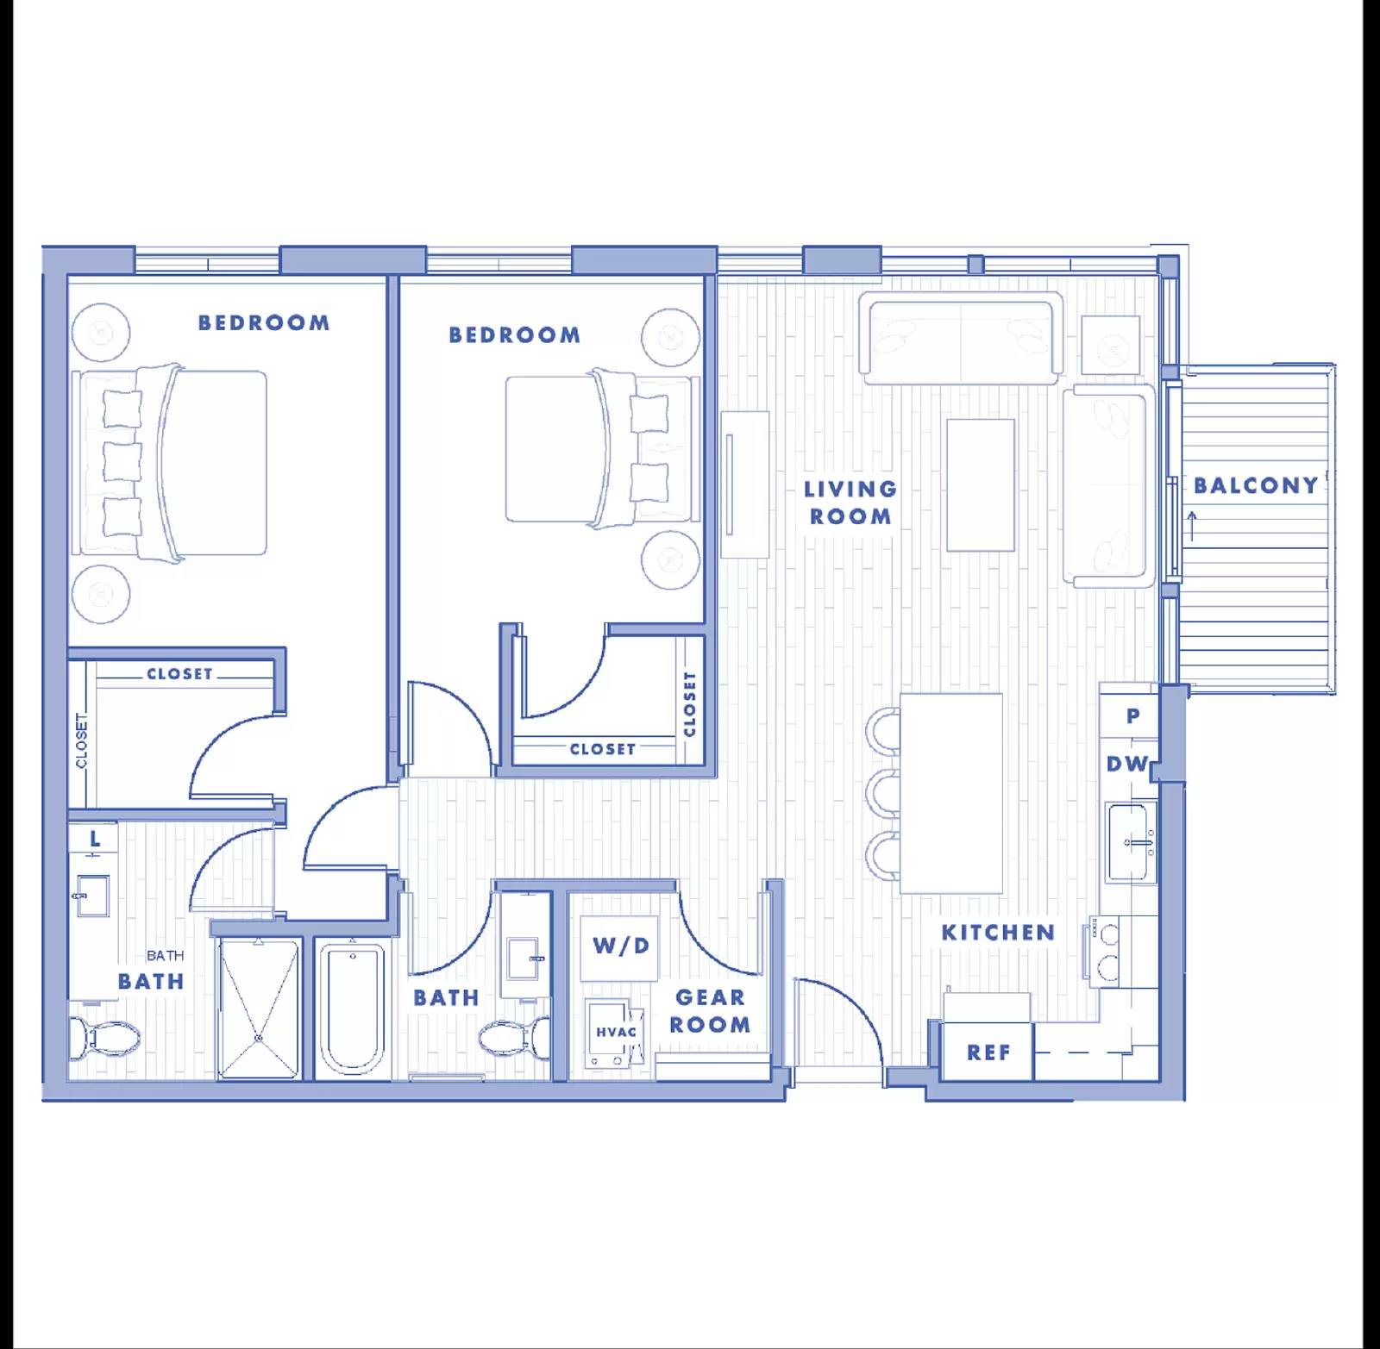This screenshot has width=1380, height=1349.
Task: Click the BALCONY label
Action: coord(1256,486)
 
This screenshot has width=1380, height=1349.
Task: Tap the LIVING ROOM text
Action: coord(850,503)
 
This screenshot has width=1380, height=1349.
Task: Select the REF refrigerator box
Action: coord(988,1052)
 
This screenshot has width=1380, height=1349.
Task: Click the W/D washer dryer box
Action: coord(620,946)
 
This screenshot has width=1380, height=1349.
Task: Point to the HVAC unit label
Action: coord(616,1032)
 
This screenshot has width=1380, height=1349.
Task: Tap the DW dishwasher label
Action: coord(1127,764)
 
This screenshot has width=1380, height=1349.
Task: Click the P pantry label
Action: coord(1132,715)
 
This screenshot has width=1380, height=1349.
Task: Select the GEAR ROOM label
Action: coord(710,1011)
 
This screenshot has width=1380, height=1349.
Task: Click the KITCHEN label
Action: coord(998,933)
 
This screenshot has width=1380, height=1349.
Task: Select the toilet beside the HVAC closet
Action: coord(516,1039)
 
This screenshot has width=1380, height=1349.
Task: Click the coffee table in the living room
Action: coord(980,484)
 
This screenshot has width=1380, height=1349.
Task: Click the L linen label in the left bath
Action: coord(95,838)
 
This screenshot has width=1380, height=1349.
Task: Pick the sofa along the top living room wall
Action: coord(962,338)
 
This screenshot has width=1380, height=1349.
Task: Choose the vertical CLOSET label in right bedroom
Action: coord(689,704)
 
